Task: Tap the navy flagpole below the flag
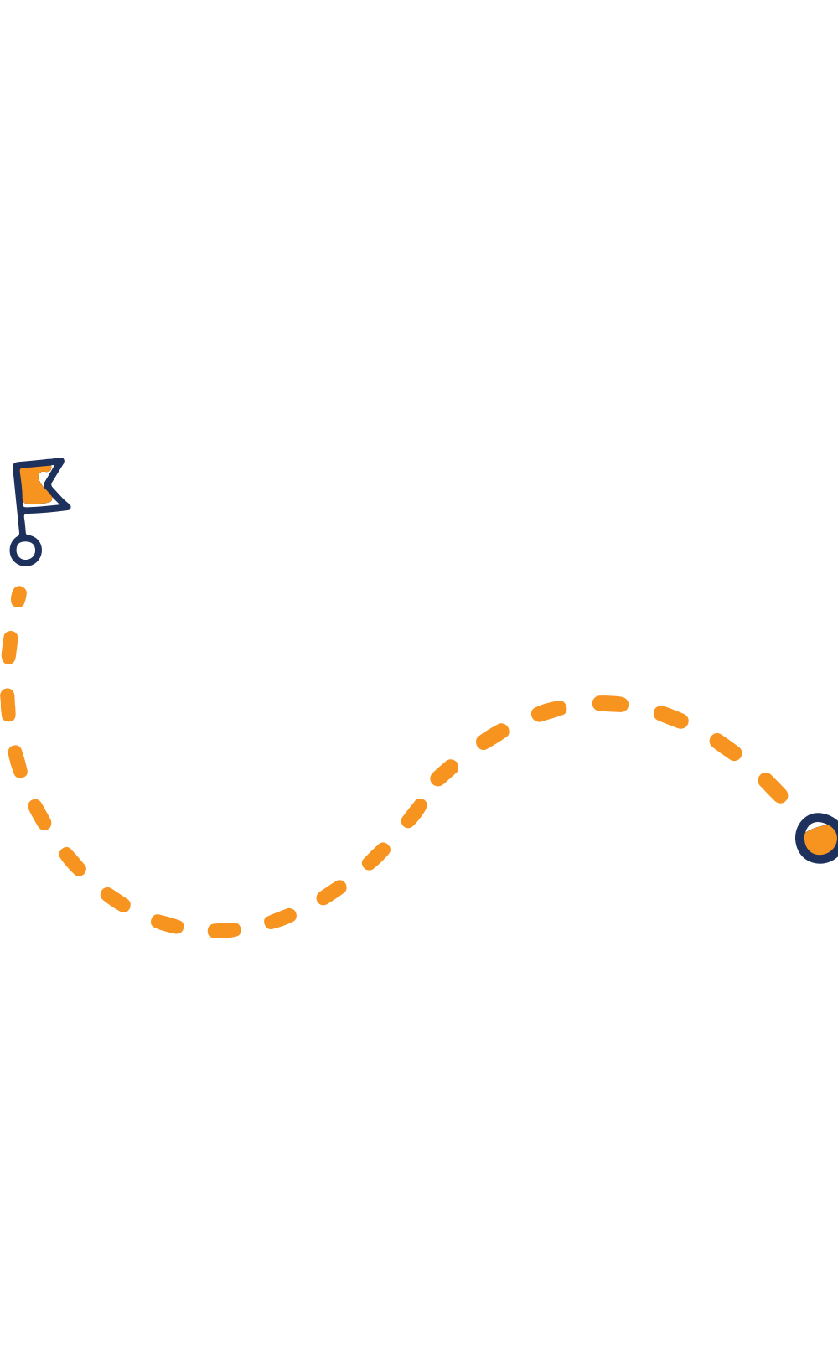click(x=22, y=523)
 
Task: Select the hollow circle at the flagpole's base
click(x=25, y=551)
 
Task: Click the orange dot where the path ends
click(x=820, y=839)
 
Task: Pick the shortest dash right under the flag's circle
click(x=18, y=597)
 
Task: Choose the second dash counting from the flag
click(x=9, y=648)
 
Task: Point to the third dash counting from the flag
click(x=8, y=705)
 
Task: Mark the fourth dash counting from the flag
click(x=18, y=761)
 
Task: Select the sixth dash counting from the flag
click(x=73, y=861)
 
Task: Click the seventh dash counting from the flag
click(x=116, y=900)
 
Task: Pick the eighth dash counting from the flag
click(x=167, y=923)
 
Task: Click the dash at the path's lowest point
click(x=224, y=930)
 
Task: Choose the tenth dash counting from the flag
click(x=281, y=918)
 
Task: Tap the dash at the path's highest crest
click(x=610, y=704)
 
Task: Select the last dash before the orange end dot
click(x=773, y=788)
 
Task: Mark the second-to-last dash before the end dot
click(x=726, y=746)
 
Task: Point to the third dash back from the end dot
click(x=670, y=716)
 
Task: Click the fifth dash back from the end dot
click(x=549, y=711)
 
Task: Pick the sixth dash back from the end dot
click(x=493, y=736)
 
